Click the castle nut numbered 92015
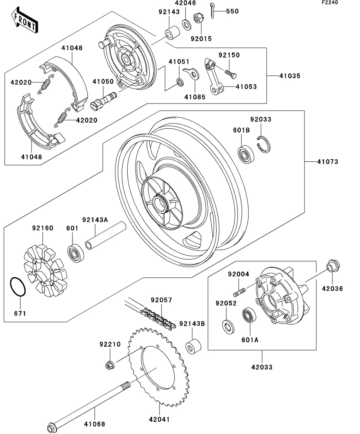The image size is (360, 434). (198, 18)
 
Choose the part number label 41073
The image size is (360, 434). (327, 161)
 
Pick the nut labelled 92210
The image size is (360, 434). (110, 365)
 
